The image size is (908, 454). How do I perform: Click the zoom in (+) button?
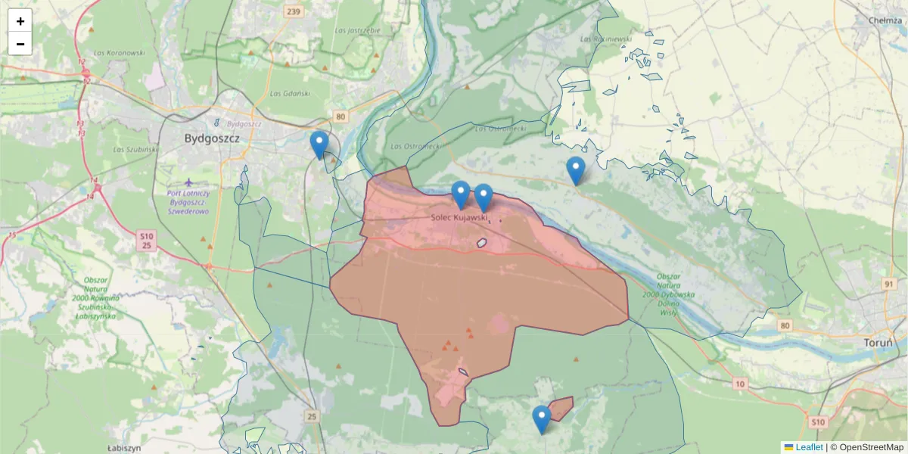[20, 21]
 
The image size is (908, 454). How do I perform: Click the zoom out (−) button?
[20, 44]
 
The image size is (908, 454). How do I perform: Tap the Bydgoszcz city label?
[212, 139]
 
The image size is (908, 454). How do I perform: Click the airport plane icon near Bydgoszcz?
[188, 182]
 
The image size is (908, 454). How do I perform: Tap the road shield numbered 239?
[294, 11]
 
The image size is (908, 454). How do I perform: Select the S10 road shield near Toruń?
[817, 421]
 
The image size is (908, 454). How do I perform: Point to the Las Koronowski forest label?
[119, 53]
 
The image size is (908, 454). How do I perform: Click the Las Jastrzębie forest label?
[356, 30]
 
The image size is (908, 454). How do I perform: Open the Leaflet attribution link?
[808, 447]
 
